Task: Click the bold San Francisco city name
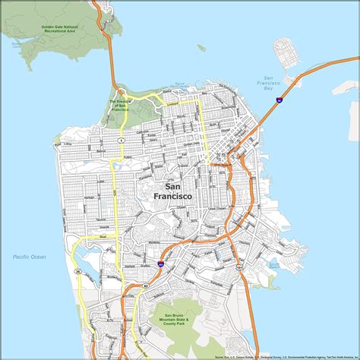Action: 172,191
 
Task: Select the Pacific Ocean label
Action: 29,257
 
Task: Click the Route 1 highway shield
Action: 121,141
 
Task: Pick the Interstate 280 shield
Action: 160,264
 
